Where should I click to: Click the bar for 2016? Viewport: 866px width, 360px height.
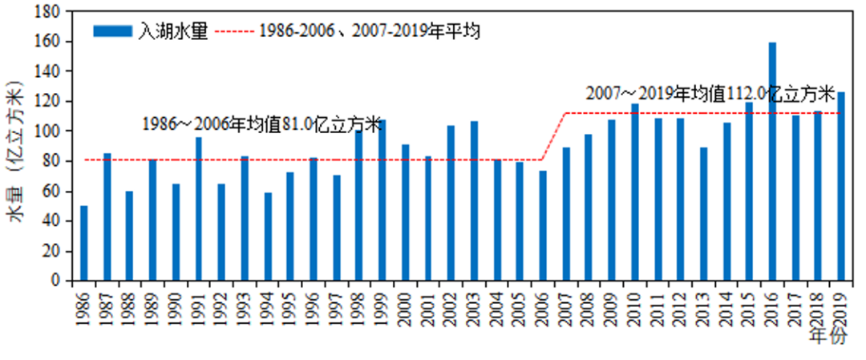click(x=772, y=161)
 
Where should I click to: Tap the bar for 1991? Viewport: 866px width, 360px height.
click(x=198, y=209)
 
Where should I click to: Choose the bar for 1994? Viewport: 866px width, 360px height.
click(x=268, y=237)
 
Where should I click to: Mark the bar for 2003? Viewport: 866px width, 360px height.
click(x=474, y=201)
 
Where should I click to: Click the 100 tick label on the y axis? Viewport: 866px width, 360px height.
click(x=52, y=131)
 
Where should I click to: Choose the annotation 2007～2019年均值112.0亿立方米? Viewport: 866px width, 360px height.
click(x=710, y=93)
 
